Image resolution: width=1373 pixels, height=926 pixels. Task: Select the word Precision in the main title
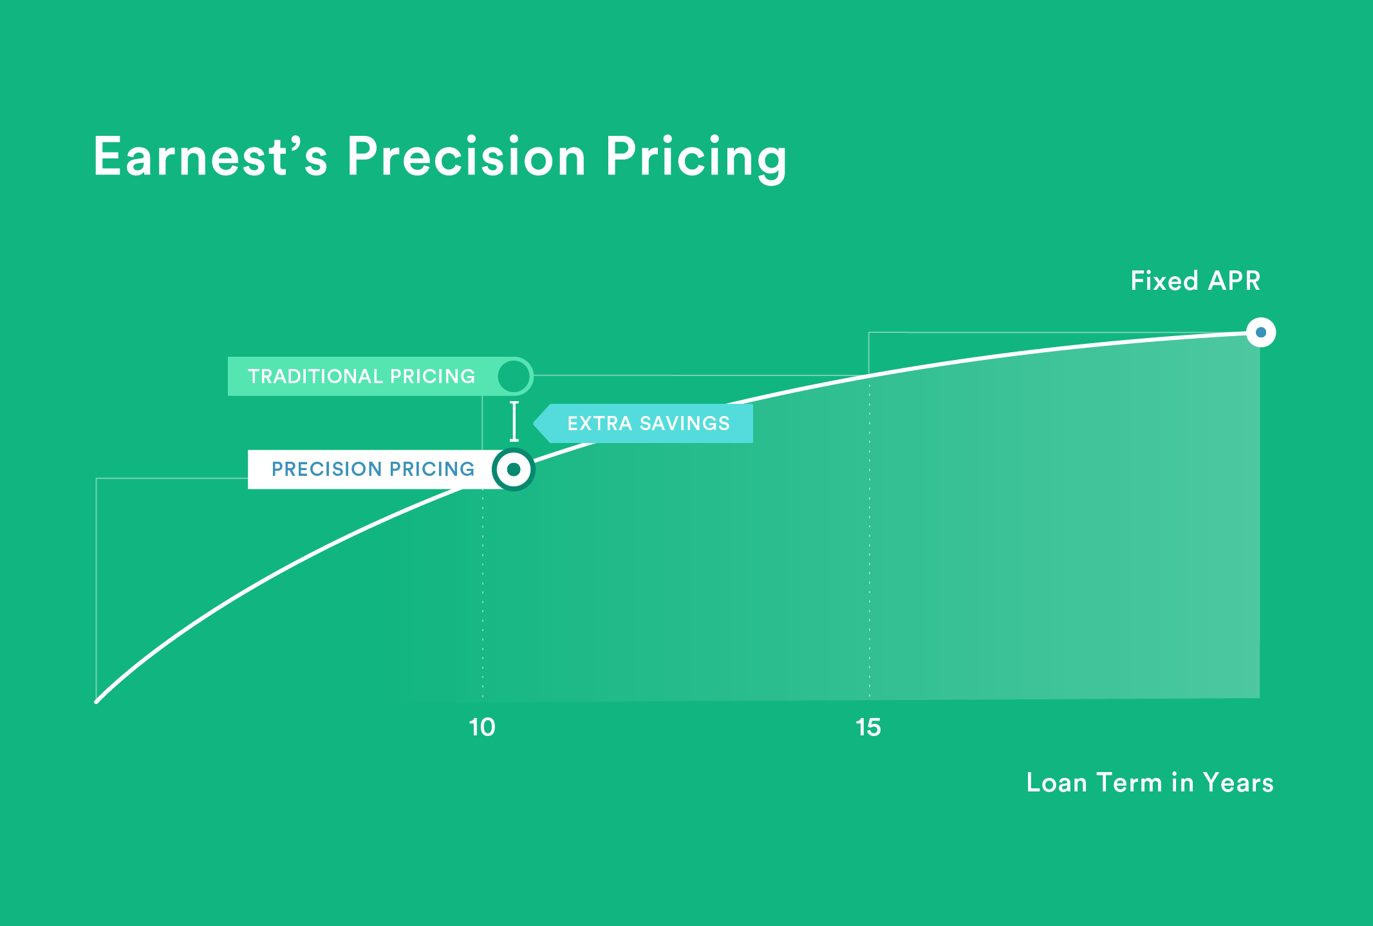point(466,156)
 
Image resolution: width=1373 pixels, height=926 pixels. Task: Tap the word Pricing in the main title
point(695,158)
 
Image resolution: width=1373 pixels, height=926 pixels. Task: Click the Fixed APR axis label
point(1195,281)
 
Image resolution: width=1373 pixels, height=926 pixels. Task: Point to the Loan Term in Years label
point(1150,782)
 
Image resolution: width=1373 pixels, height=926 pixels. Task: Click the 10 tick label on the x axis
point(481,727)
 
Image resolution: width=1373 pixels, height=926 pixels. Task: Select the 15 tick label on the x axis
point(868,727)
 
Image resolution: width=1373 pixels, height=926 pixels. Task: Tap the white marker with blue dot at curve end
point(1260,332)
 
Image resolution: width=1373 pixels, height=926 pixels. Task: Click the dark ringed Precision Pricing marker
point(513,469)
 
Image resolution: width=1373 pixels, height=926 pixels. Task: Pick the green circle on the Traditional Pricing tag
point(513,376)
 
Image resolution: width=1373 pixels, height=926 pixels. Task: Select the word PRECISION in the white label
point(326,469)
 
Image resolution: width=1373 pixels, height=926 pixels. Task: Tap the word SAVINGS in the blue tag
point(684,423)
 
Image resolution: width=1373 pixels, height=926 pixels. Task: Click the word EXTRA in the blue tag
point(599,423)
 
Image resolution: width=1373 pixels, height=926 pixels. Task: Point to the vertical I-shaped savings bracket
point(514,421)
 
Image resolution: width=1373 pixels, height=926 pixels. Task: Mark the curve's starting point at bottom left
point(97,701)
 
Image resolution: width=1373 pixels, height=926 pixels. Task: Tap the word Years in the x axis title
point(1238,782)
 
